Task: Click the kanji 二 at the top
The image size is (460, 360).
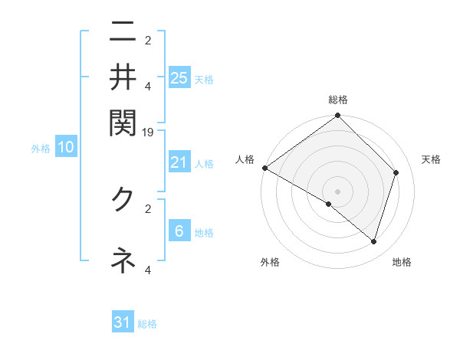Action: (123, 34)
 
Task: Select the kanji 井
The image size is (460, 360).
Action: (123, 77)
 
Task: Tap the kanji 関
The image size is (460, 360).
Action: (123, 120)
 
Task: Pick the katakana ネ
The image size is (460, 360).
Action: (123, 260)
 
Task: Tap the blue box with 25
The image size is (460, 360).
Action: (179, 77)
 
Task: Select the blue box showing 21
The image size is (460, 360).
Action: (179, 162)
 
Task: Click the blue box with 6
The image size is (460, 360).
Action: (179, 231)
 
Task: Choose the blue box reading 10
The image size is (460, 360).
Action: (66, 148)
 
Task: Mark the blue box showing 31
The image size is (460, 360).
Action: (123, 322)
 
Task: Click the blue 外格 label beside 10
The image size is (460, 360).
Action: (41, 149)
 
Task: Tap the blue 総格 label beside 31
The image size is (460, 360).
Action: (147, 324)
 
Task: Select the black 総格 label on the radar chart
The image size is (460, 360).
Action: (338, 100)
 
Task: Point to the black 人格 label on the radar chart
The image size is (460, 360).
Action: (245, 159)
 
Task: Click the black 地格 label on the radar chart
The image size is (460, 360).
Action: (402, 263)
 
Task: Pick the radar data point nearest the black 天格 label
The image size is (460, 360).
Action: (396, 172)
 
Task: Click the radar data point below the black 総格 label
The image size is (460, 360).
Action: (338, 116)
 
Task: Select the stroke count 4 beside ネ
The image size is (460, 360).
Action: (149, 270)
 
